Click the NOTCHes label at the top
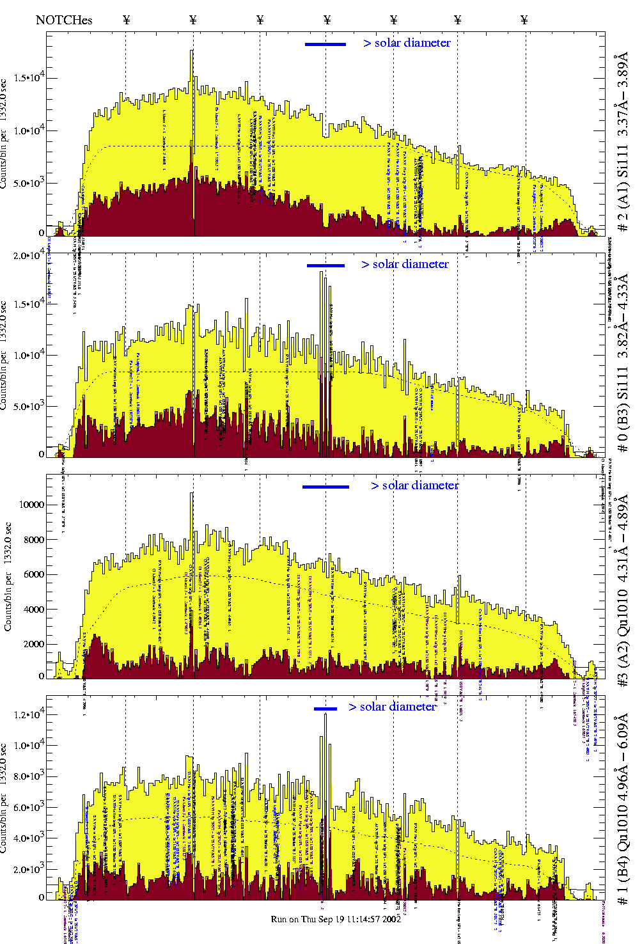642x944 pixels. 64,20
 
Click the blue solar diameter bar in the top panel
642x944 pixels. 325,44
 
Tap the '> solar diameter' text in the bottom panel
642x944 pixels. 393,707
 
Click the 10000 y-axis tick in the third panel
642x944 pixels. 32,505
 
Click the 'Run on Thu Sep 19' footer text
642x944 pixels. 336,919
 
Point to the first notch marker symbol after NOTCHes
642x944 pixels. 127,20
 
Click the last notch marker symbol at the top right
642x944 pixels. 524,20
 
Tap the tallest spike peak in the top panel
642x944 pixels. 192,51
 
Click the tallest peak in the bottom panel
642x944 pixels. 325,714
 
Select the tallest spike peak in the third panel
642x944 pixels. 192,493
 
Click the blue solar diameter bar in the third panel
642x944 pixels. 325,487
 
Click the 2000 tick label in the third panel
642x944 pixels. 33,644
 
